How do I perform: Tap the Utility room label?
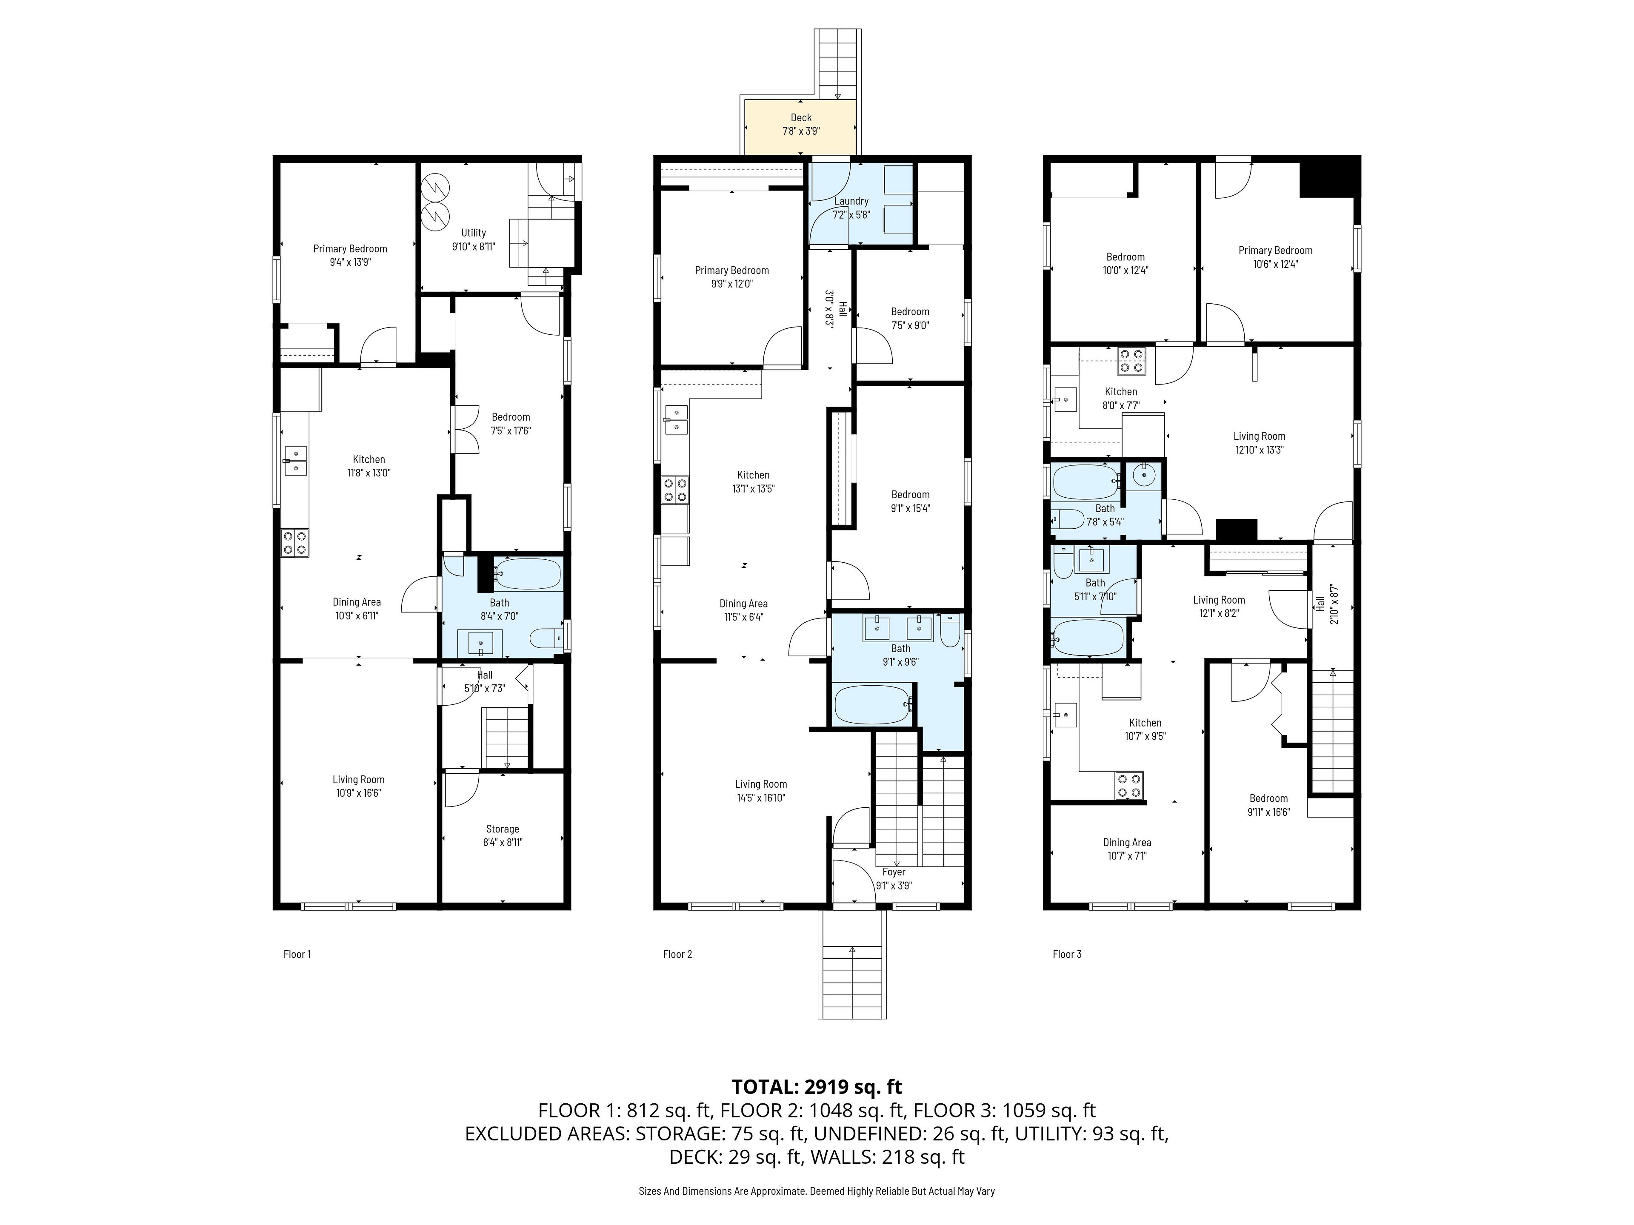click(474, 233)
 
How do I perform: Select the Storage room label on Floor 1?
click(502, 829)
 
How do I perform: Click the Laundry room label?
click(851, 201)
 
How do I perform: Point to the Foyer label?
click(894, 872)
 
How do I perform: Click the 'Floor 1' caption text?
click(297, 954)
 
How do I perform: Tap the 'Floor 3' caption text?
click(1067, 954)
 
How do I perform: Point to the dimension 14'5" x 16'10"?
click(761, 798)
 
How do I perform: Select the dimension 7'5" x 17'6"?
click(511, 430)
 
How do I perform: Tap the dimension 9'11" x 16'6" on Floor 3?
click(1268, 812)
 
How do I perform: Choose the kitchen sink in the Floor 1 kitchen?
click(295, 460)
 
